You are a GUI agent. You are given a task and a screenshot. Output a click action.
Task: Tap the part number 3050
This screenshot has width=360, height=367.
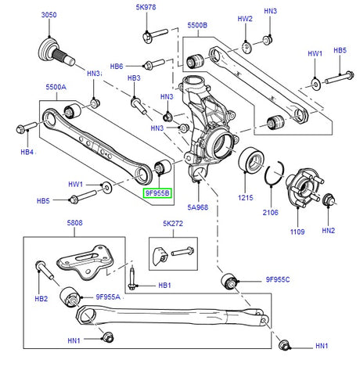point(49,16)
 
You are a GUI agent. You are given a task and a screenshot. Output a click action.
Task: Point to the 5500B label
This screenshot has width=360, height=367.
point(197,25)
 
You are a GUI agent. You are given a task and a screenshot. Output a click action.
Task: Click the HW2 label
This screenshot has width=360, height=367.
point(245,18)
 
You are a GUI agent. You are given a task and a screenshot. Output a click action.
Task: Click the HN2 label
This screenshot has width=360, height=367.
point(328,231)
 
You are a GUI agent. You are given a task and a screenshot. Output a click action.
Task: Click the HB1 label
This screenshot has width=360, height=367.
point(164,286)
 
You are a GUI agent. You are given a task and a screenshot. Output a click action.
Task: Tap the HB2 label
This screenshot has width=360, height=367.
point(41,299)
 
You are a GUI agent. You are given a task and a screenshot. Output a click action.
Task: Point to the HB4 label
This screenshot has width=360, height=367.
point(27,152)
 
